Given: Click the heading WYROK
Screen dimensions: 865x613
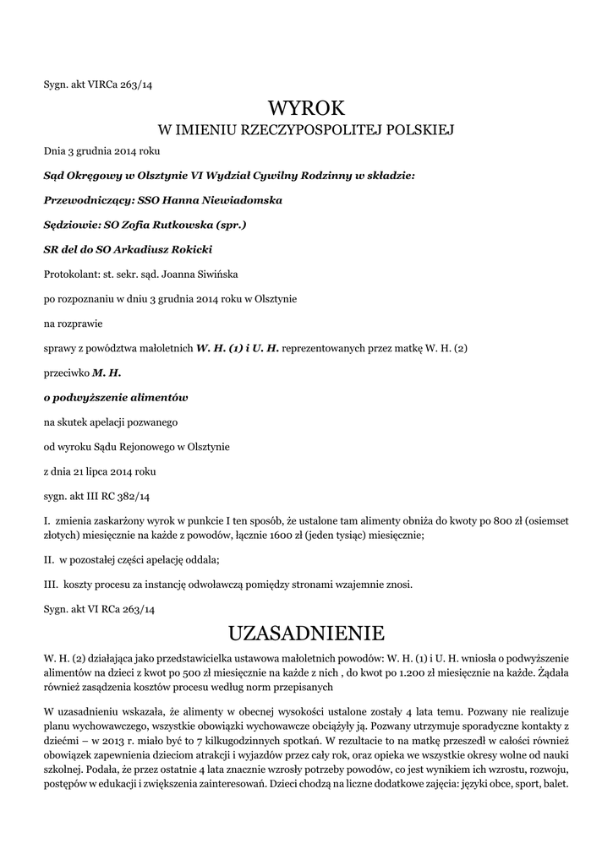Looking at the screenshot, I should (307, 108).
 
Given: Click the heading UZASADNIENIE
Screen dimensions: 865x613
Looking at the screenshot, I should (306, 633).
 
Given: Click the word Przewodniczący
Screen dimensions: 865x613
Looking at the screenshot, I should (82, 201).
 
